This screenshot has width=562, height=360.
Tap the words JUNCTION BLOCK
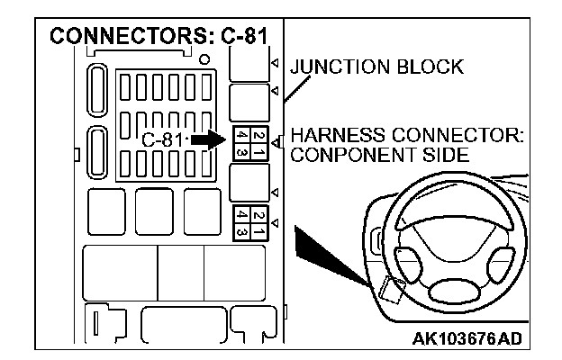point(376,67)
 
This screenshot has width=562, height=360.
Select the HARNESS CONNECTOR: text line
point(407,135)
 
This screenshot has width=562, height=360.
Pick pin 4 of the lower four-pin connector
point(239,216)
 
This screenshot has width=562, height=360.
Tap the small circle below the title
point(206,60)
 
